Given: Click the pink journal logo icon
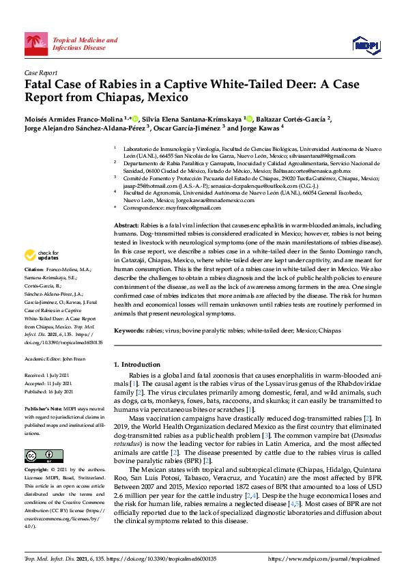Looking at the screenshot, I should point(36,44).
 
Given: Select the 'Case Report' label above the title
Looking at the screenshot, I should point(40,72).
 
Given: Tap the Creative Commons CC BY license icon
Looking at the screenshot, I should point(39,455).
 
